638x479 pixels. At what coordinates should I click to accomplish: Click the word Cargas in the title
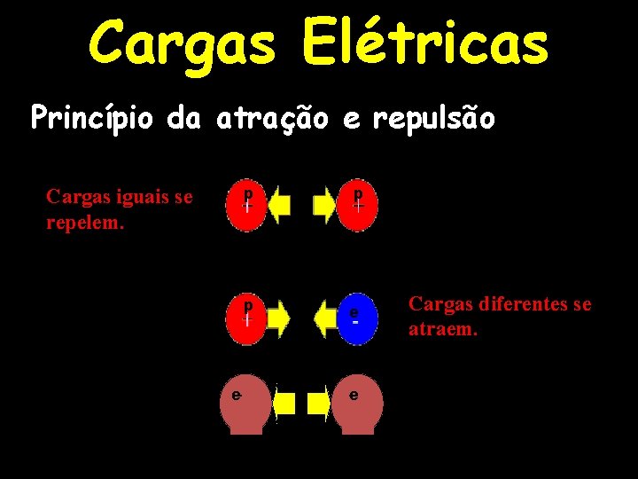tap(181, 43)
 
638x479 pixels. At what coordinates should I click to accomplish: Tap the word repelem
tap(85, 221)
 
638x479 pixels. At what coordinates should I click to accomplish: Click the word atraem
tap(443, 330)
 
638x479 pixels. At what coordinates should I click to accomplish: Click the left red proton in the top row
tap(248, 205)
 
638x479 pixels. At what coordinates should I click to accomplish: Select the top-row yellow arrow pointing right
tap(325, 205)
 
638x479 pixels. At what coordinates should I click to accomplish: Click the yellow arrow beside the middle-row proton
tap(277, 318)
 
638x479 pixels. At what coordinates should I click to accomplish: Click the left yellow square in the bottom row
tap(284, 404)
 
